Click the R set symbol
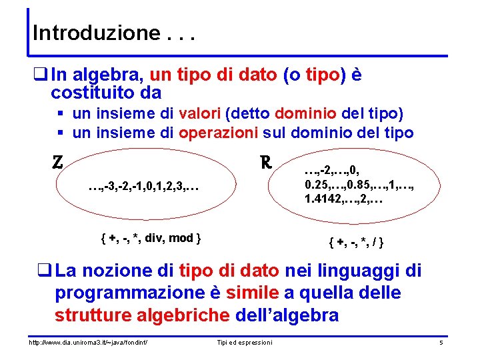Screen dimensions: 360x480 coord(265,162)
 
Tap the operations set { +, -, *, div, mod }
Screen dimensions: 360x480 coord(151,238)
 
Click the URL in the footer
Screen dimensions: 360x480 coord(87,342)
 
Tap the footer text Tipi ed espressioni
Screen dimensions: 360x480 coord(245,342)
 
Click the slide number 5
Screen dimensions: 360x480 coord(441,342)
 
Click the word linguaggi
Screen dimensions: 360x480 coord(366,271)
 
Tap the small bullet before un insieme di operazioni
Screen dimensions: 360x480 coord(60,133)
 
